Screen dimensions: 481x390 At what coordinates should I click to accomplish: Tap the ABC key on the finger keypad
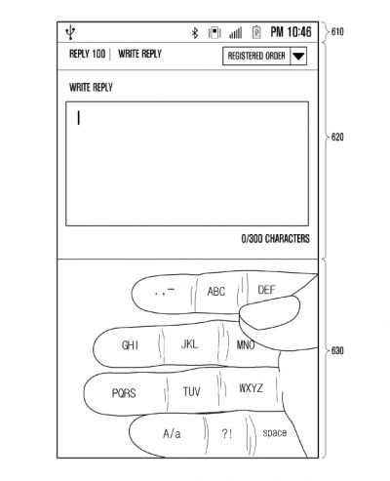click(x=216, y=291)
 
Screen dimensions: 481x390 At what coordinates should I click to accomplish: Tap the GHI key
click(x=130, y=345)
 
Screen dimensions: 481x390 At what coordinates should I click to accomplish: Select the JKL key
click(x=189, y=344)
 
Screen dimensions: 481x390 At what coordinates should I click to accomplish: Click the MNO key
click(x=246, y=344)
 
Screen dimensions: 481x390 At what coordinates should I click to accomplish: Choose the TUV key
click(x=192, y=390)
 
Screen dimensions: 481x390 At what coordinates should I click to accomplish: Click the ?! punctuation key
click(x=226, y=432)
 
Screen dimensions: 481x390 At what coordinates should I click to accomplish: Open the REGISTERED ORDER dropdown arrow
click(x=298, y=57)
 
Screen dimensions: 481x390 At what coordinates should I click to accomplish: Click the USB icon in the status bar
click(x=69, y=32)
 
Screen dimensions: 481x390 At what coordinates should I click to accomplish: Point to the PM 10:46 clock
click(x=291, y=32)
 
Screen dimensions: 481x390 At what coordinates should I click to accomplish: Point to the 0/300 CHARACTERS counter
click(x=275, y=238)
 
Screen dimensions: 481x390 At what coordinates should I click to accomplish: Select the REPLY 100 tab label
click(x=85, y=56)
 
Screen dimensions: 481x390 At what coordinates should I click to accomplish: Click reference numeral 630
click(x=336, y=349)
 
